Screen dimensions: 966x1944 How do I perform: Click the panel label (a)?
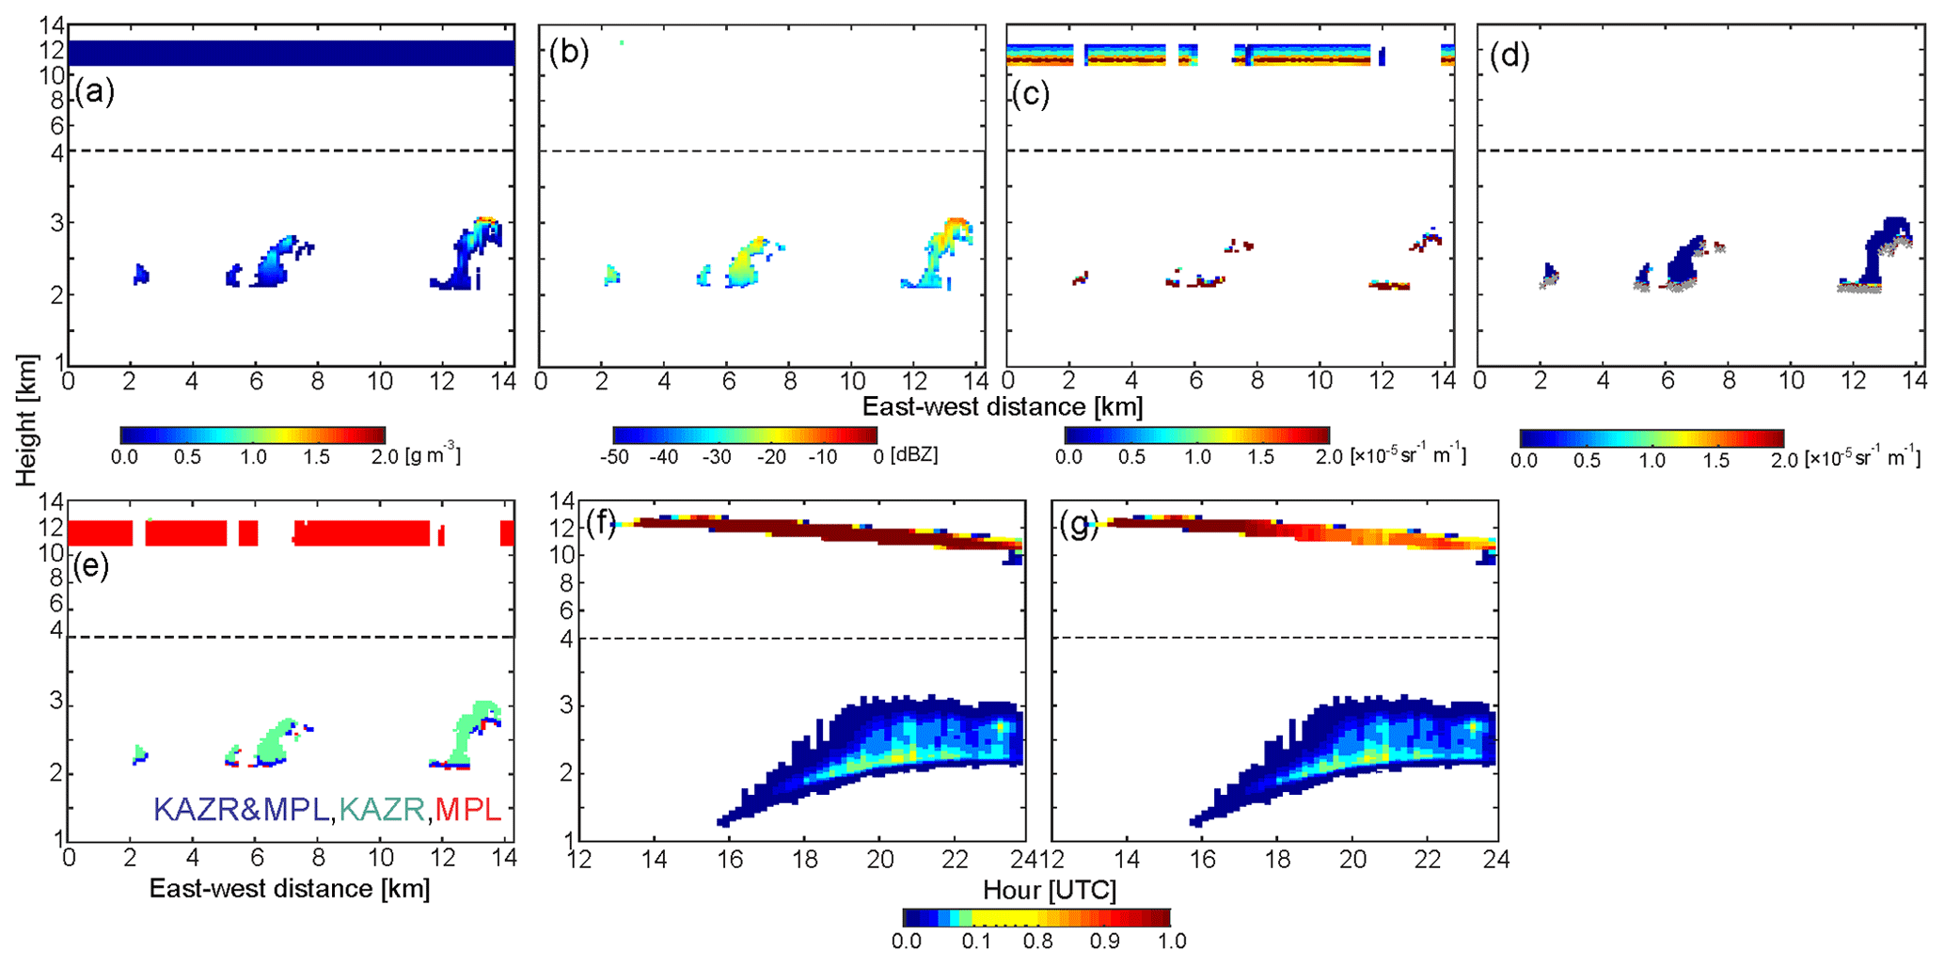(x=94, y=92)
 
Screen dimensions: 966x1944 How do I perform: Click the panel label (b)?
(x=570, y=54)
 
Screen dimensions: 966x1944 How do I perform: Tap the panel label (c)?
(x=1030, y=94)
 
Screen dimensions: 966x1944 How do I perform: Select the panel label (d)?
(x=1510, y=55)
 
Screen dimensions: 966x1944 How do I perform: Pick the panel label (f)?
(x=601, y=523)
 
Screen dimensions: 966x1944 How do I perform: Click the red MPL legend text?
(x=468, y=809)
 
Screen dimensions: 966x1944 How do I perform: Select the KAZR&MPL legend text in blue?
(x=241, y=809)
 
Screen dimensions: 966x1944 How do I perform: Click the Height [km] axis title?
(x=26, y=420)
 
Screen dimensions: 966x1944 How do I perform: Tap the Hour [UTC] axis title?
(x=1050, y=889)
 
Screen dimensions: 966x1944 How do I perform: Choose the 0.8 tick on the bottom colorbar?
(x=1037, y=942)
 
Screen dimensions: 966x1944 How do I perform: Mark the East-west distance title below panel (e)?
(x=290, y=888)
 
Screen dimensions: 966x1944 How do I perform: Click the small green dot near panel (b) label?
(x=622, y=42)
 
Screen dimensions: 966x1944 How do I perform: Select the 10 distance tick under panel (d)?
(x=1792, y=380)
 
